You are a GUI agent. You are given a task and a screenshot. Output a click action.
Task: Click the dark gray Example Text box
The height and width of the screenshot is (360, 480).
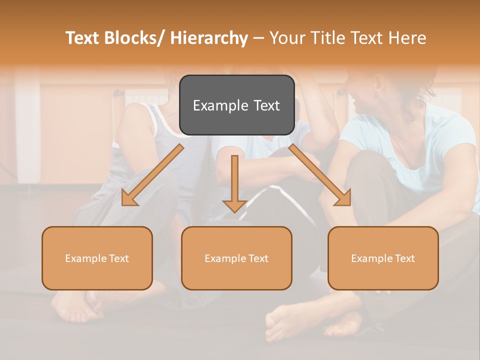point(236,105)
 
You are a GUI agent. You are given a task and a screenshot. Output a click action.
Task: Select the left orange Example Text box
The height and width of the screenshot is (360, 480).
point(97,258)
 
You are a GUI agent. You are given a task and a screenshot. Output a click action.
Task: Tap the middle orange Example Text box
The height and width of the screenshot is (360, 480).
point(236,258)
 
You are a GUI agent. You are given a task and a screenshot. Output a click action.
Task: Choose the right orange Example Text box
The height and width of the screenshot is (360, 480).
point(383,258)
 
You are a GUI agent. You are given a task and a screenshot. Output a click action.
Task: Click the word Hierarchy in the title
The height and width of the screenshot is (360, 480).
point(209,38)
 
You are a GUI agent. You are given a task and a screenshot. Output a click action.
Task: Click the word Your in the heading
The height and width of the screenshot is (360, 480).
point(286,38)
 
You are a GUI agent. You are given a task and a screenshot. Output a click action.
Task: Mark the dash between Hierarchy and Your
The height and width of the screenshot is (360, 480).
point(258,38)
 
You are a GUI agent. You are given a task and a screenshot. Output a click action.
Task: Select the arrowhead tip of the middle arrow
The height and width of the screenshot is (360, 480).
point(234,211)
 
